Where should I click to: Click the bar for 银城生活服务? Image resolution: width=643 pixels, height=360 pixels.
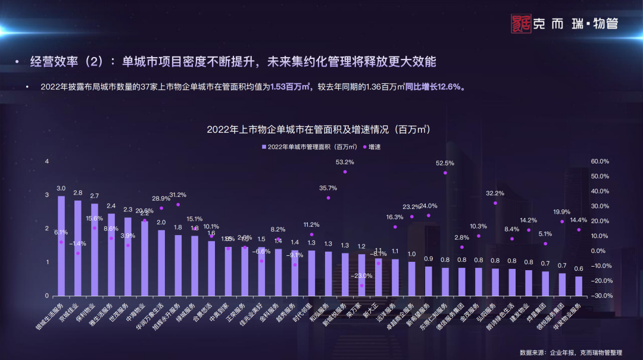click(61, 245)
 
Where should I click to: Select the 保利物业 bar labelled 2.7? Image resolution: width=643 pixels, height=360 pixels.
click(95, 249)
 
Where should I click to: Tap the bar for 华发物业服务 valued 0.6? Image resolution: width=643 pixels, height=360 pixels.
click(579, 286)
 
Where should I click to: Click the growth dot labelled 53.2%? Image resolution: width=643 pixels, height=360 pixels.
click(345, 171)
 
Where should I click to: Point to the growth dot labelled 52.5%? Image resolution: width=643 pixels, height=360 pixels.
click(445, 173)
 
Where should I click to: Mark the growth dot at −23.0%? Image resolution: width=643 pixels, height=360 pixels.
click(361, 286)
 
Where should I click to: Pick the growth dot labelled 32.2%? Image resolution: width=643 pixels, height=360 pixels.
click(495, 203)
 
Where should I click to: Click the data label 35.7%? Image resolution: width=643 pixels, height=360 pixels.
click(328, 188)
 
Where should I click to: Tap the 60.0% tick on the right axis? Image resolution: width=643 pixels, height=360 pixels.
click(600, 161)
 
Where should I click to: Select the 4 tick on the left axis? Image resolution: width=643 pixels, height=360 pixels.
click(46, 161)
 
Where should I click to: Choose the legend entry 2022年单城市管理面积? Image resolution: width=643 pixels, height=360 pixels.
click(309, 146)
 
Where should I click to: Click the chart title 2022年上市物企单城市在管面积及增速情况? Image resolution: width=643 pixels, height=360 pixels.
click(318, 129)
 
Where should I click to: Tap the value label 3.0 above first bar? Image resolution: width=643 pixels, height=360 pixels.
click(61, 189)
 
